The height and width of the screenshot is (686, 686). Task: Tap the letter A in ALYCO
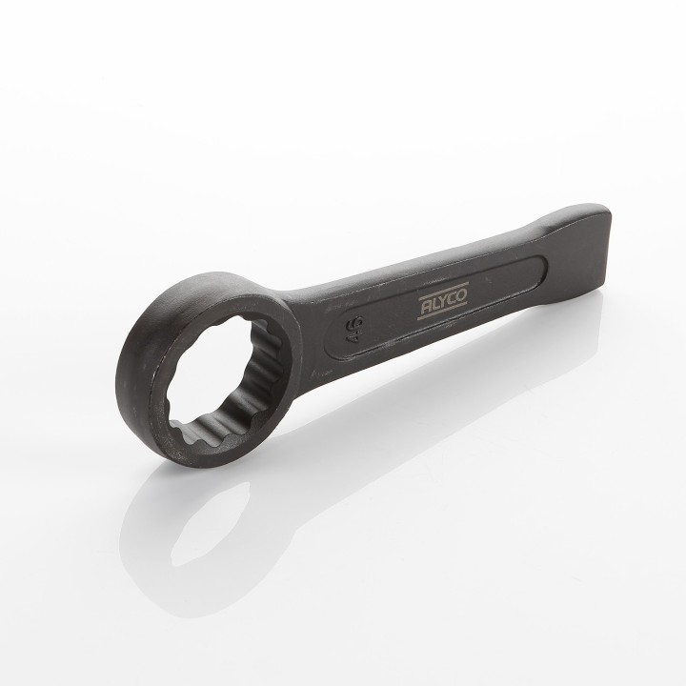(426, 309)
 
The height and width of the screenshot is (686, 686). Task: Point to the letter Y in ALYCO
(443, 302)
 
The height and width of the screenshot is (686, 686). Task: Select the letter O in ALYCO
(461, 295)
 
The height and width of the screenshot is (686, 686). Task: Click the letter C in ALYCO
(453, 299)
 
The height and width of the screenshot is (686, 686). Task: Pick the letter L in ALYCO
(434, 305)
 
